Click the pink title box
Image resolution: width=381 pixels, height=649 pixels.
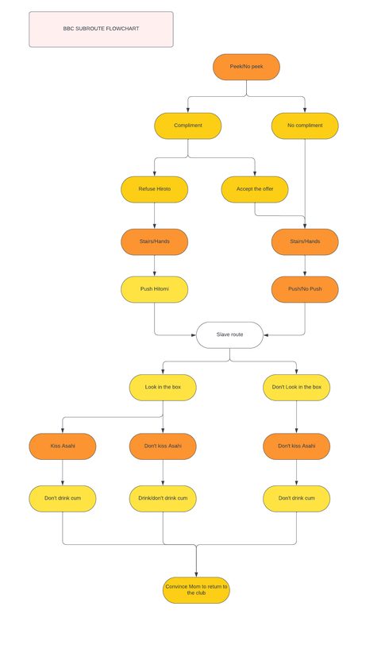point(101,29)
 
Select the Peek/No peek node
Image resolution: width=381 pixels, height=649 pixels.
point(247,67)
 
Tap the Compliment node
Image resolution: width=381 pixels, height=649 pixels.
point(188,126)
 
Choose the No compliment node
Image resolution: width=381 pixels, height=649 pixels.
point(305,126)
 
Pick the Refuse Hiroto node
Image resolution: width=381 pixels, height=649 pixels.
point(154,189)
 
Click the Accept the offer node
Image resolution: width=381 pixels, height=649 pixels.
point(255,189)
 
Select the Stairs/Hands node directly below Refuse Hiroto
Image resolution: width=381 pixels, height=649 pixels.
point(154,241)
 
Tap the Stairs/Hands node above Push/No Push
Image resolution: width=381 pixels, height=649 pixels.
point(305,241)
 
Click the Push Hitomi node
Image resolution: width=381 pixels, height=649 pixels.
point(154,289)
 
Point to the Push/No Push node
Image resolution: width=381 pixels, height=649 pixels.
point(305,289)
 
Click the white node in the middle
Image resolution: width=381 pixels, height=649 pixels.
point(229,335)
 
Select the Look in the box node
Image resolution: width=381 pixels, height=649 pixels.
point(163,388)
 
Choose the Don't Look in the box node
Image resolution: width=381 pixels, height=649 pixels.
point(297,388)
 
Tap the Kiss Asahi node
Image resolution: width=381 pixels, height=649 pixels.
point(63,446)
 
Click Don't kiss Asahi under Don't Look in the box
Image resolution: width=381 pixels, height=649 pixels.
point(297,446)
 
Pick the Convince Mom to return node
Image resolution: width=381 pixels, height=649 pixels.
point(196,590)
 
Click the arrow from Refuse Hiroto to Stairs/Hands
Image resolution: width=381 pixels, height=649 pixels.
point(154,215)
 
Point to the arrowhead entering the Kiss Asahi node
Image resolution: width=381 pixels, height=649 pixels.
point(63,431)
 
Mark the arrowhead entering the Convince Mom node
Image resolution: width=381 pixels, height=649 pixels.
point(196,575)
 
